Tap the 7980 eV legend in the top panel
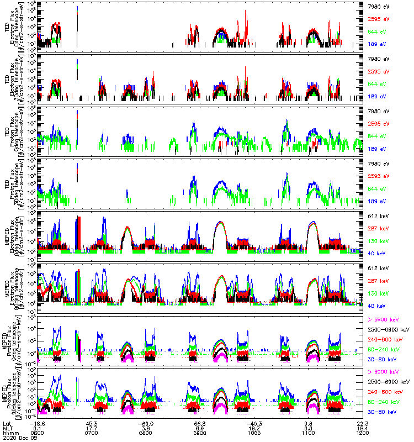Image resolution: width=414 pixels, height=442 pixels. pos(378,7)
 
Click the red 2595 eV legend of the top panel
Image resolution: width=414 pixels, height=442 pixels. pos(378,19)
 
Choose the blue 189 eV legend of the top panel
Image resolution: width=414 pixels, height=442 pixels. pos(377,44)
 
